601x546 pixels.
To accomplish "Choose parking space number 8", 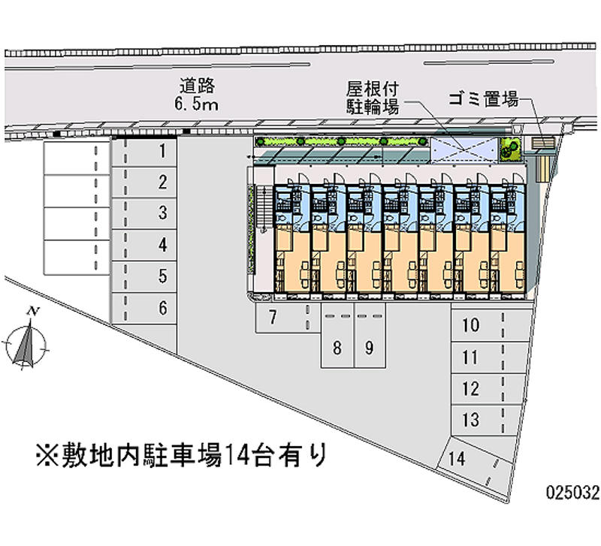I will (337, 347).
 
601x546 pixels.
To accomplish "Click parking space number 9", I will (369, 347).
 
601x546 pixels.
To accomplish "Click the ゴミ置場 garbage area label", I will (484, 98).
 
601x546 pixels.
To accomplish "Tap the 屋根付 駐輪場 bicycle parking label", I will (372, 96).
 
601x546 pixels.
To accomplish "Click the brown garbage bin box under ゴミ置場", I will (542, 143).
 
